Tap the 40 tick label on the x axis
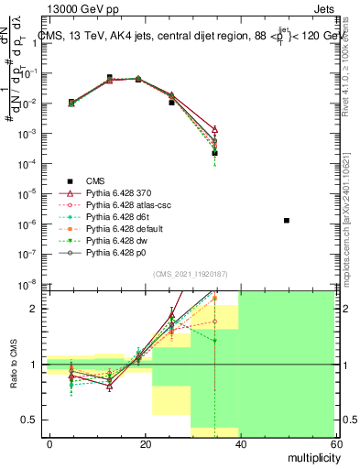240,443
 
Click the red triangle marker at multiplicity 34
214,130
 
